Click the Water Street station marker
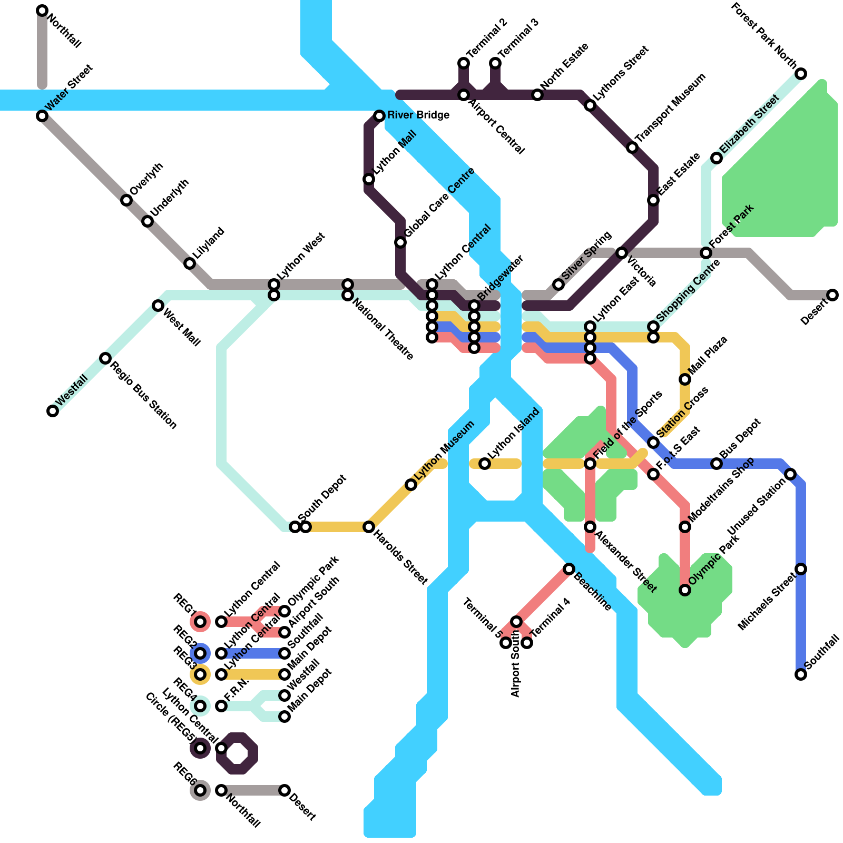42,116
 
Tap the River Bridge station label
418,115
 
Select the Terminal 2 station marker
464,63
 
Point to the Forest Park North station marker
801,74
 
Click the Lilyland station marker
190,263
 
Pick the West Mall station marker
158,306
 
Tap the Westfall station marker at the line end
53,411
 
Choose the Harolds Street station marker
369,527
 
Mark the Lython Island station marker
485,464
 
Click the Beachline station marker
569,569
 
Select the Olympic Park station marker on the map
685,590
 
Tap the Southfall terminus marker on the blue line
801,674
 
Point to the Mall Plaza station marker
685,379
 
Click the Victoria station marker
622,253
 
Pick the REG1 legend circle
200,622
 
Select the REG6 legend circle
200,790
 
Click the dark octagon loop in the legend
237,753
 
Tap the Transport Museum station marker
632,148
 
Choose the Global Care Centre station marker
400,242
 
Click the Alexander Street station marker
590,527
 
